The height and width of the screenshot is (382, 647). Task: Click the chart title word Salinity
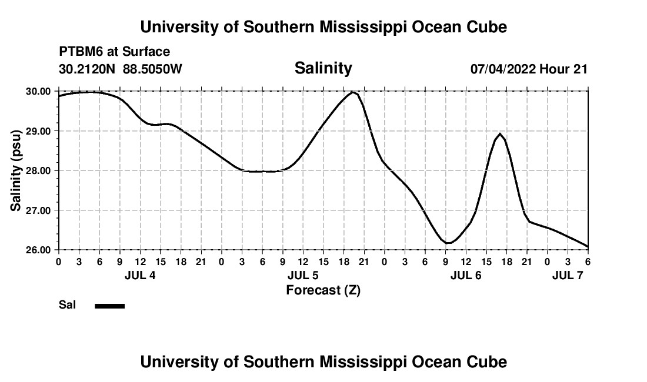pos(323,68)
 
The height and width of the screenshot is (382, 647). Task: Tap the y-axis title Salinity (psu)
pos(16,170)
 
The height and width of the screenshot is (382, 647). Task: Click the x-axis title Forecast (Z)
pos(323,290)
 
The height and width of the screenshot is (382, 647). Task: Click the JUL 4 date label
pos(140,275)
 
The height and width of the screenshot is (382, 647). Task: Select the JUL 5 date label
pos(303,275)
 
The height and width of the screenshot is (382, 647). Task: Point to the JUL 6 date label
pos(466,275)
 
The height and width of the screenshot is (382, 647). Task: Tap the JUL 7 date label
pos(568,275)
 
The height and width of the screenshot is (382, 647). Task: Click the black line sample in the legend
pos(109,306)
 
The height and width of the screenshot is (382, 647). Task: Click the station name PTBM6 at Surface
pos(114,52)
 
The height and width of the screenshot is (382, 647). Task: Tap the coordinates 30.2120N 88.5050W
pos(121,69)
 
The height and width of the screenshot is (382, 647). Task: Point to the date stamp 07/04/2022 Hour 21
pos(529,69)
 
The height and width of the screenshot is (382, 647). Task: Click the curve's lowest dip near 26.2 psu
pos(448,243)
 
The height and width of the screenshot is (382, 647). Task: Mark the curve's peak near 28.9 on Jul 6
pos(500,134)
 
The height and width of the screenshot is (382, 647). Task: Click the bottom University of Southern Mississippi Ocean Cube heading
pos(323,362)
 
